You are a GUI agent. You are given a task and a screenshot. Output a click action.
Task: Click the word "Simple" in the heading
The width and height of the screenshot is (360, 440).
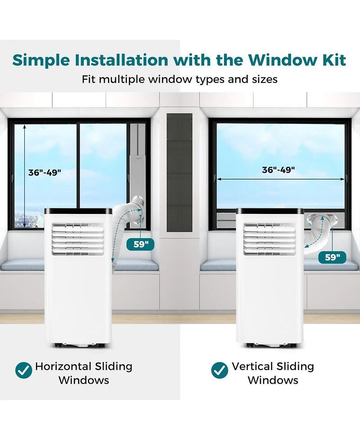point(41,60)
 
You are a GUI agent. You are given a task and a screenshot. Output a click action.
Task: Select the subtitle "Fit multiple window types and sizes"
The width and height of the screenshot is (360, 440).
point(180,79)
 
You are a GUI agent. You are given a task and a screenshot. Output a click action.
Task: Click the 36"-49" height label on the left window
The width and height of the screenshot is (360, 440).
point(45,172)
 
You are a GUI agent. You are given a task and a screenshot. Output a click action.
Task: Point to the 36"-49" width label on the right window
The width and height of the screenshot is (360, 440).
point(279,170)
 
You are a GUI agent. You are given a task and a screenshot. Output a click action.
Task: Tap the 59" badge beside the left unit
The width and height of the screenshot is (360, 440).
point(140,244)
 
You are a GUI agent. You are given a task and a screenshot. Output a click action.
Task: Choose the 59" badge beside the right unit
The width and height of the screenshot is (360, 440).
point(332,257)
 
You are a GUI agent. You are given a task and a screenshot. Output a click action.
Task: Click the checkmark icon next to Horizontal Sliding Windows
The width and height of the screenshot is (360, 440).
point(24,370)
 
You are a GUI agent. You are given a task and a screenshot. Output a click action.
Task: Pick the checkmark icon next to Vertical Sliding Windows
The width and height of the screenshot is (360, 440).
point(220,370)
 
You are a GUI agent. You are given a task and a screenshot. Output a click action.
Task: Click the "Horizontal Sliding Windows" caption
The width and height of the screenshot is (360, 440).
point(84,373)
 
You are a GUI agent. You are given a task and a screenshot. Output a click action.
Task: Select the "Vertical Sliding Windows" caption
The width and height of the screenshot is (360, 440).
point(273,373)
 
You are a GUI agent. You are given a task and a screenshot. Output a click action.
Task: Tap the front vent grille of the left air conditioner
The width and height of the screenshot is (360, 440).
point(78,239)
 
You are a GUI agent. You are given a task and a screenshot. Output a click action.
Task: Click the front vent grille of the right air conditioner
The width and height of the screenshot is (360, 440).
point(270,239)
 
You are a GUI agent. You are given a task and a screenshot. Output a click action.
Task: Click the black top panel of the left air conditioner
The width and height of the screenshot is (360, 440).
point(78,211)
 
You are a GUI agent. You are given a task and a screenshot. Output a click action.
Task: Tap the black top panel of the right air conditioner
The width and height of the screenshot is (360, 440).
point(270,211)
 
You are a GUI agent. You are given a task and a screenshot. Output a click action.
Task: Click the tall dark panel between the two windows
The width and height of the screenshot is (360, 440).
point(180,172)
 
